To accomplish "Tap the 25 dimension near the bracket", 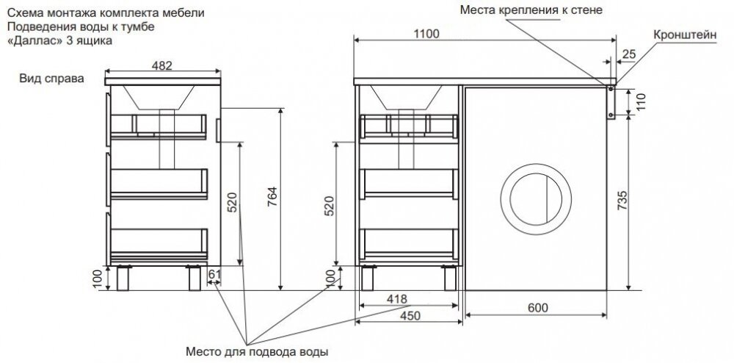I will click(628, 54).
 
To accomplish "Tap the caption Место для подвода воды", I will click(255, 351).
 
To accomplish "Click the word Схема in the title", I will click(22, 13).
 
